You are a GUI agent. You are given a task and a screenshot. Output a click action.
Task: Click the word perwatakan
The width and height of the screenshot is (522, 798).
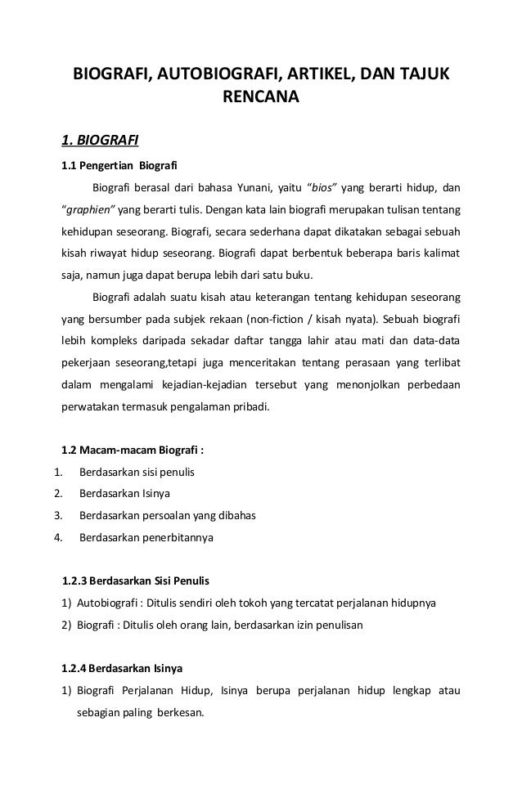[92, 406]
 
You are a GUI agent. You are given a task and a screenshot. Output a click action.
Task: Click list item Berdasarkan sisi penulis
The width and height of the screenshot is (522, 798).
[137, 472]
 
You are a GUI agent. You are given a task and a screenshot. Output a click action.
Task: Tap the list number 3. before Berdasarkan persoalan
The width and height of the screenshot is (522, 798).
[57, 516]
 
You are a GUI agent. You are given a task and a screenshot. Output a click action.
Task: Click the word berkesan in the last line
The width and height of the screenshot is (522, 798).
[183, 712]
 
